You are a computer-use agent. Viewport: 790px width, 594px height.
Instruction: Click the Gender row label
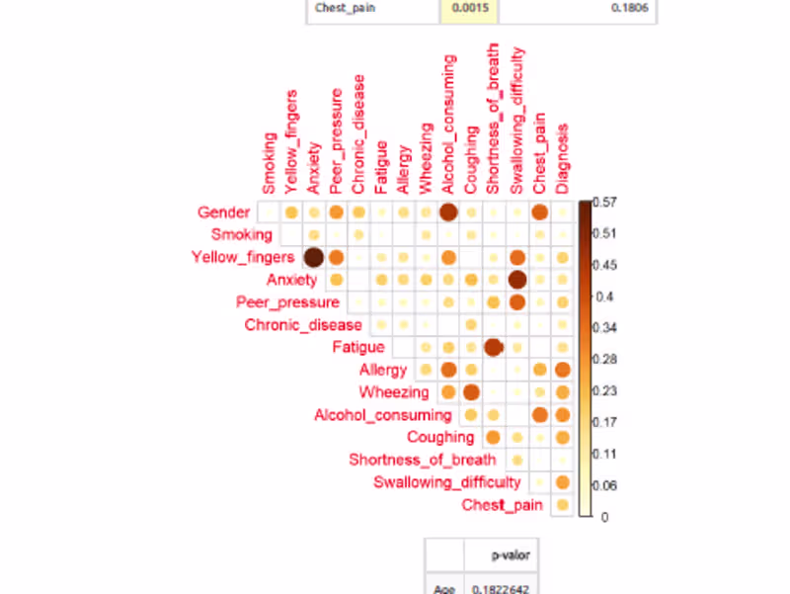pos(223,212)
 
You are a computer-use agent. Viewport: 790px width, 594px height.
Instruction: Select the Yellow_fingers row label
pos(243,258)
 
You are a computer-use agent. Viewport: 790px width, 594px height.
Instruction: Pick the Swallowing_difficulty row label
pos(447,482)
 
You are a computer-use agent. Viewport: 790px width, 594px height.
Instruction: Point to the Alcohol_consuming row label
pos(382,415)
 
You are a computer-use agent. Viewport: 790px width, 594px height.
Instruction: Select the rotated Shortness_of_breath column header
pos(494,119)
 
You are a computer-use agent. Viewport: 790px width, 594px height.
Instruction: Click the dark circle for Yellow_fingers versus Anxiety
pos(314,258)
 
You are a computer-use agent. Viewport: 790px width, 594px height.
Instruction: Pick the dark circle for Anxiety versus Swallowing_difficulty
pos(516,280)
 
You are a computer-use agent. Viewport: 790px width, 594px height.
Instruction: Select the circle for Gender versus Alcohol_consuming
pos(448,212)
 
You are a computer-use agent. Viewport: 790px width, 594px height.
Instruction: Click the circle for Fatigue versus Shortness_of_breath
pos(494,347)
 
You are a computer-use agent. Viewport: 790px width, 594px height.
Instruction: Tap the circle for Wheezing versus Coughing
pos(471,392)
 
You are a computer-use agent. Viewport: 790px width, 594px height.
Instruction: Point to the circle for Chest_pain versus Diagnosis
pos(562,505)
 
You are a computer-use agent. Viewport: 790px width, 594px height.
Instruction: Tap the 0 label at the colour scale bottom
pos(603,516)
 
